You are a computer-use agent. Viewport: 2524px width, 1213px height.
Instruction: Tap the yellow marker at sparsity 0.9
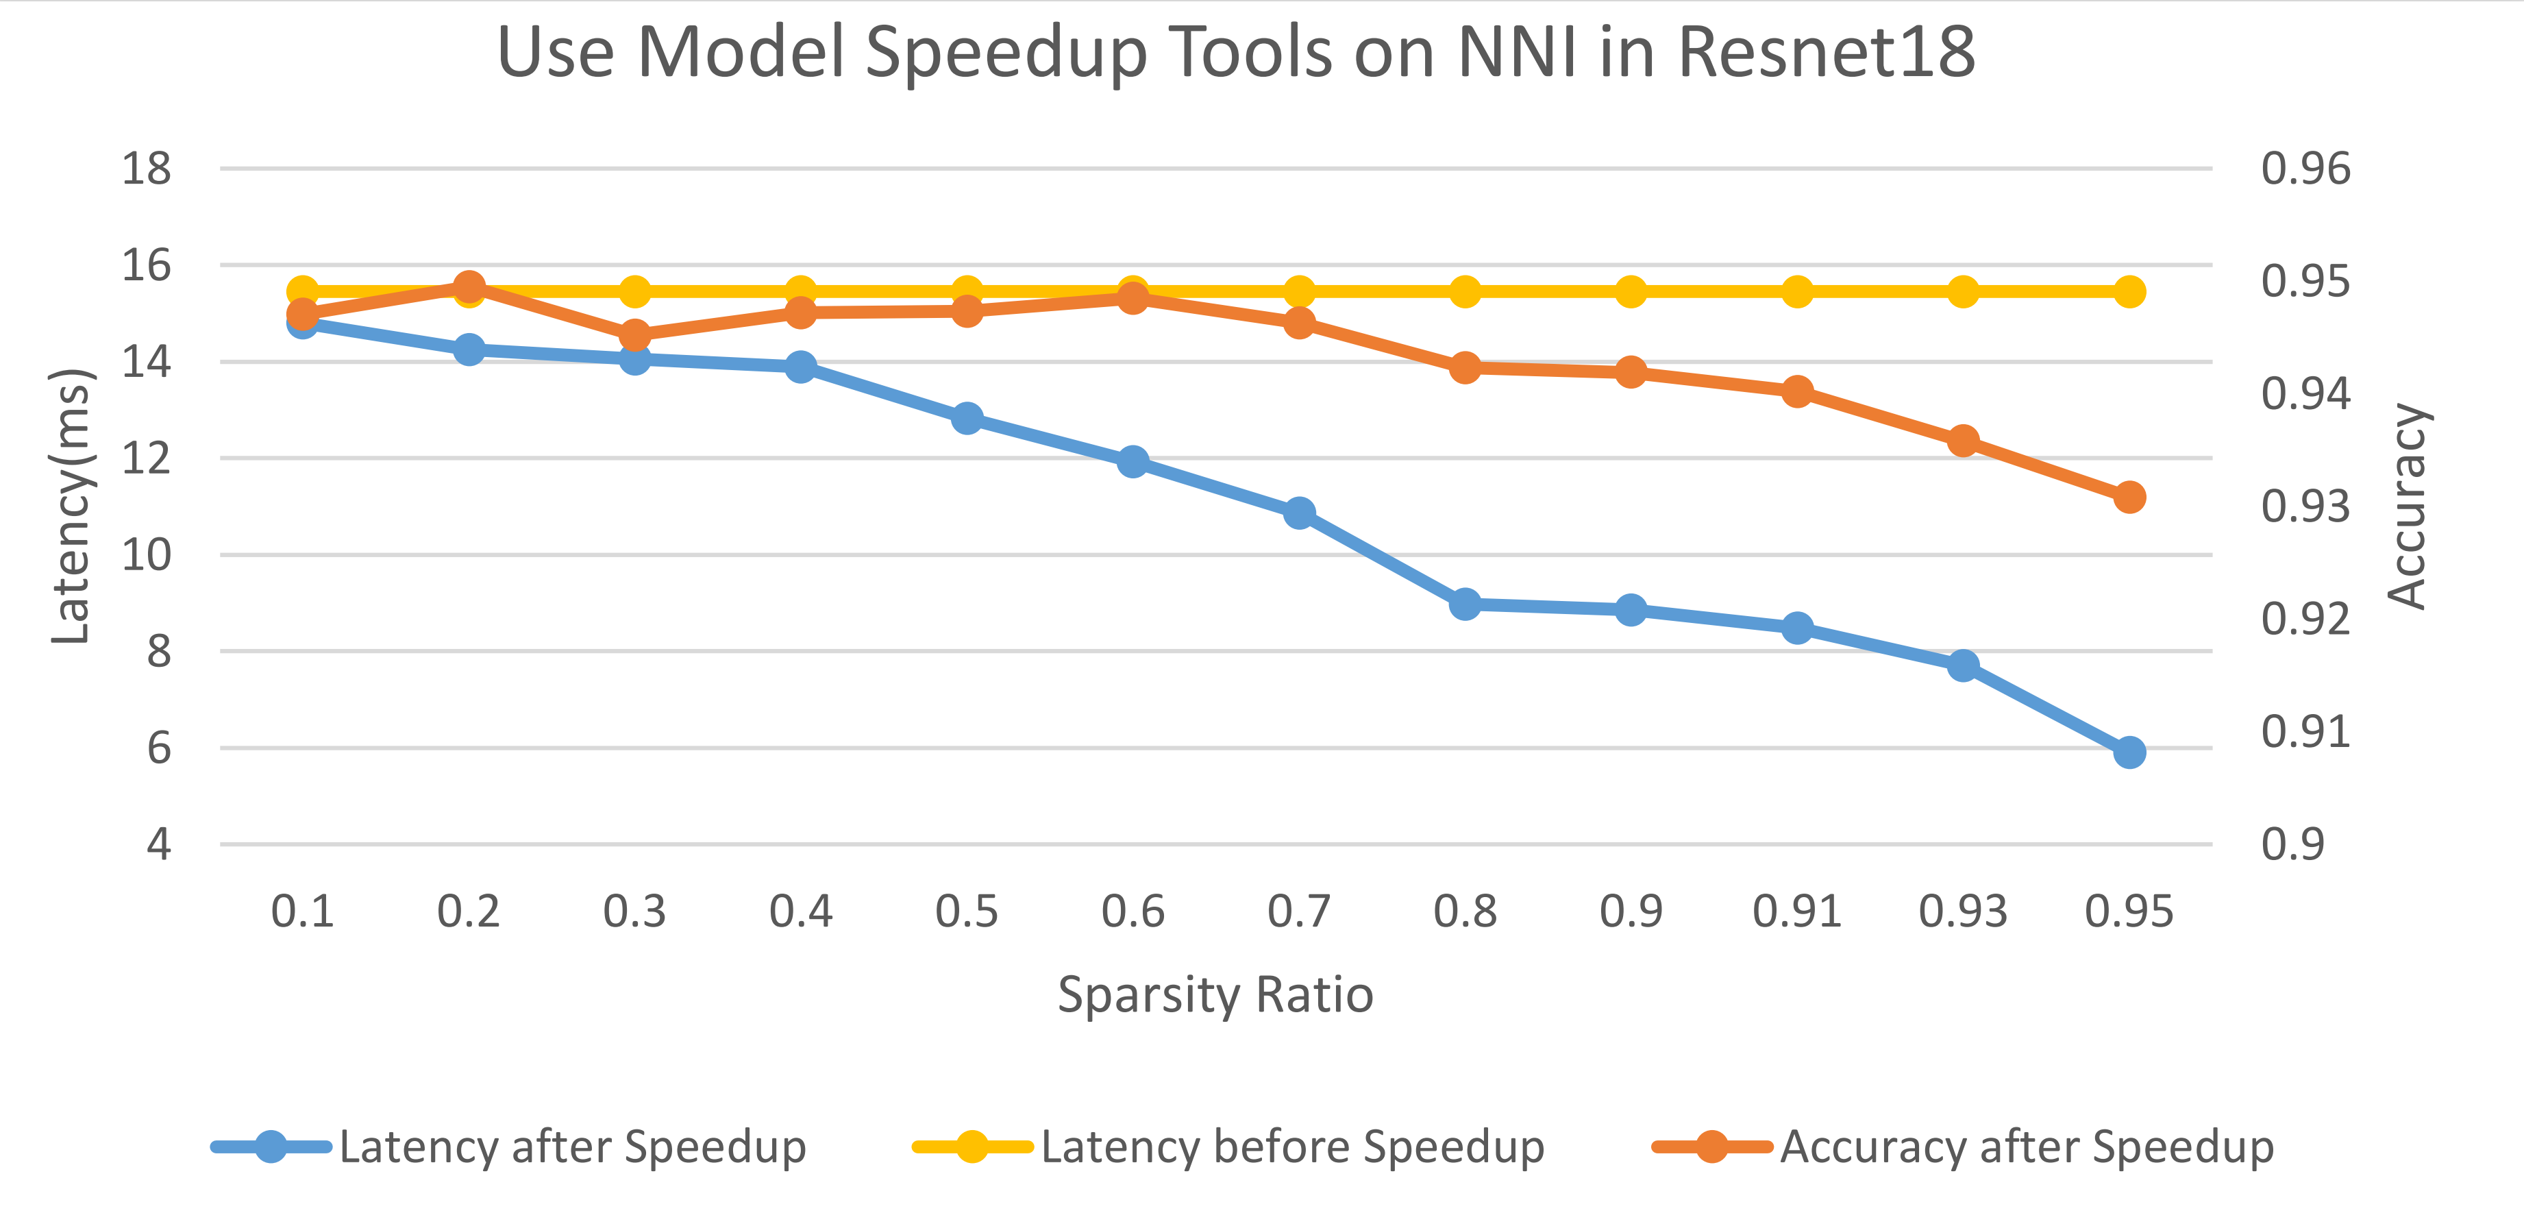point(1631,291)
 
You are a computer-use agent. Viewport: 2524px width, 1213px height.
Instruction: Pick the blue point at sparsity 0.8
point(1465,604)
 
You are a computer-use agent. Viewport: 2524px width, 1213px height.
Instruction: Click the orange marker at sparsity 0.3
point(635,335)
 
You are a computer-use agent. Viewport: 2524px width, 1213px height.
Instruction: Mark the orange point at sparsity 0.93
point(1963,440)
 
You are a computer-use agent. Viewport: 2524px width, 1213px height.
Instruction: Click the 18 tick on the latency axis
point(146,169)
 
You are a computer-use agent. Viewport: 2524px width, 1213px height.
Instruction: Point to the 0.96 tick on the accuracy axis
point(2305,169)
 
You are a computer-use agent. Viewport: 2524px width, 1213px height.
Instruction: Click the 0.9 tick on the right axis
point(2292,844)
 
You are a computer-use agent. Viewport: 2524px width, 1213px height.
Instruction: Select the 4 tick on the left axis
point(159,844)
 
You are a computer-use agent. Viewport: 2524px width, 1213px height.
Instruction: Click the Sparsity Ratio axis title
point(1215,994)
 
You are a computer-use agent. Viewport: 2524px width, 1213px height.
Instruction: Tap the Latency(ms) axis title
point(71,506)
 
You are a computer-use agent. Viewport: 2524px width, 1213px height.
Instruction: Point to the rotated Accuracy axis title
point(2406,506)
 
